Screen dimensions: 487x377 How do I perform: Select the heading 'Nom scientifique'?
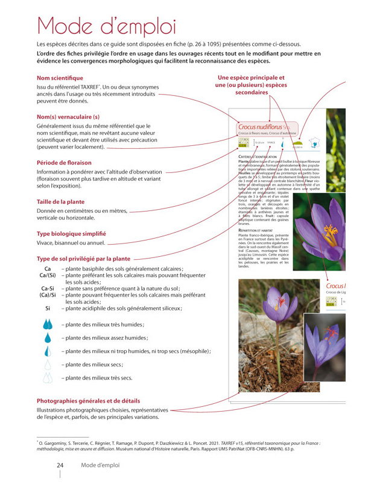60,78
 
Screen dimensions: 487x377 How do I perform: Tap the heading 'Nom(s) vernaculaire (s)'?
68,116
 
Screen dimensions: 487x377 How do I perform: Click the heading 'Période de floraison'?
64,163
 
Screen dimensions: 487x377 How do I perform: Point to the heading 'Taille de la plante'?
60,201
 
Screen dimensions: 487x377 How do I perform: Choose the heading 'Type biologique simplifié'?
71,233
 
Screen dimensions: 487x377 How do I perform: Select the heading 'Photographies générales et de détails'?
88,401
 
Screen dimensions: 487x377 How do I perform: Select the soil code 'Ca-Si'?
48,289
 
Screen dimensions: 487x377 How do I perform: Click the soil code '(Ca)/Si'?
48,295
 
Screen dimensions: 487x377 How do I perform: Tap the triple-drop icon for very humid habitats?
48,324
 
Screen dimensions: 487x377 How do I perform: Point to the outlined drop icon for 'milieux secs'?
48,365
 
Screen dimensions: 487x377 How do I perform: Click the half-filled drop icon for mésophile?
48,351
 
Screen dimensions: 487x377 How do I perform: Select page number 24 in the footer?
60,465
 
